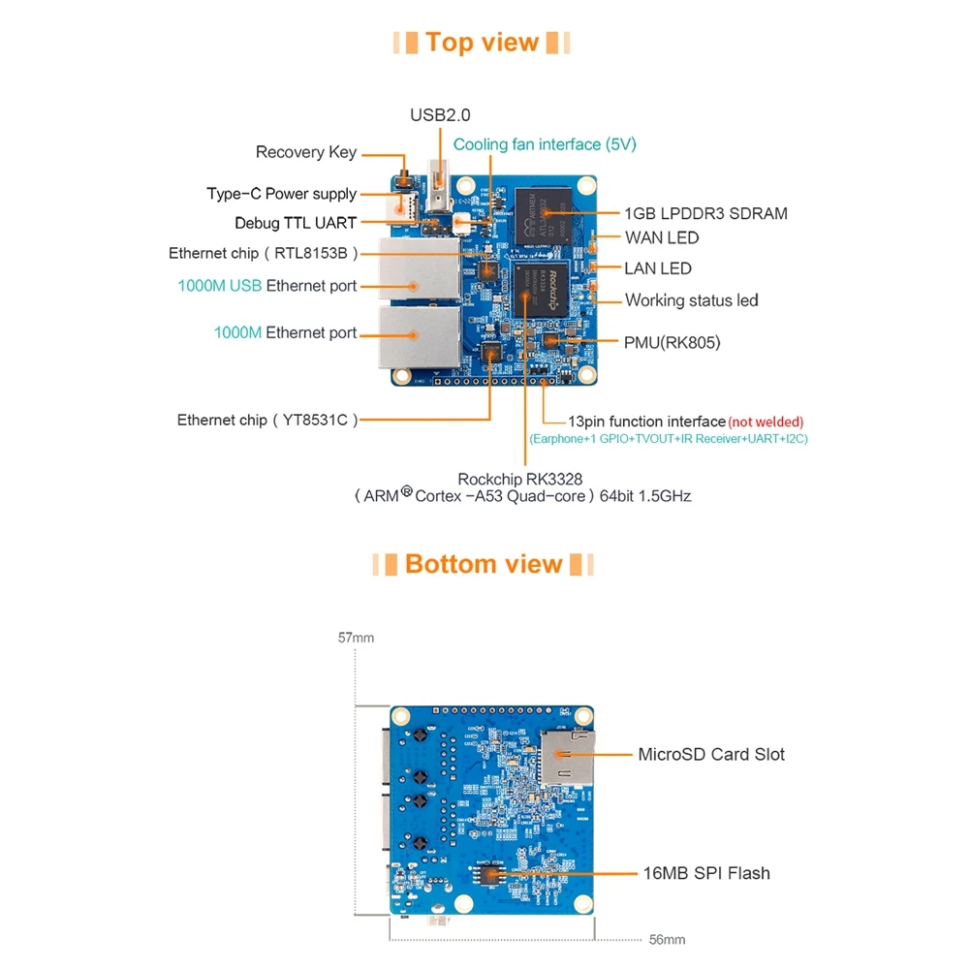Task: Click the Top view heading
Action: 482,43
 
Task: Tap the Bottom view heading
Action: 484,564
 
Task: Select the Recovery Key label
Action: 306,152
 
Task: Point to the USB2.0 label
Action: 440,115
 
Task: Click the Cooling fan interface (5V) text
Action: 545,144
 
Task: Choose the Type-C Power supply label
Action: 282,194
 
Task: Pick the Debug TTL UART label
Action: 296,223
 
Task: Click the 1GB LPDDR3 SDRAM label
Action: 705,213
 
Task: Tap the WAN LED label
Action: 662,237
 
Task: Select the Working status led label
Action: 692,300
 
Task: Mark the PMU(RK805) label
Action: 673,342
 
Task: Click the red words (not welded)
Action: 767,422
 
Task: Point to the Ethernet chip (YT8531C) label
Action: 267,420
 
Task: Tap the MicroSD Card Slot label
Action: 711,754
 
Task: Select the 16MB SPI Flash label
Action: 706,873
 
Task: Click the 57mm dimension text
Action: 356,639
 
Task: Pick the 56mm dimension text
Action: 667,940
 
